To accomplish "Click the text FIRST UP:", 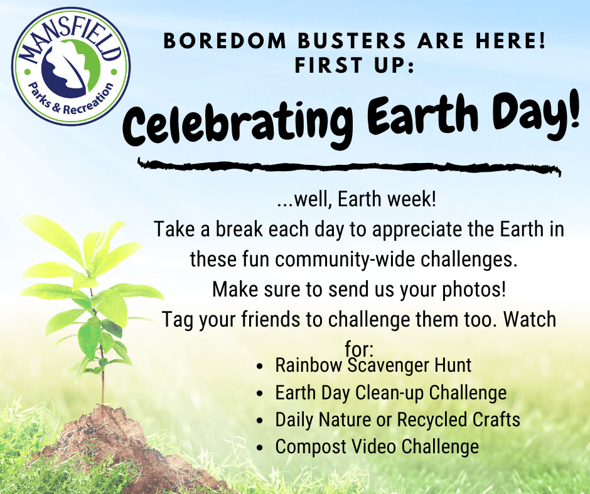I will click(354, 66).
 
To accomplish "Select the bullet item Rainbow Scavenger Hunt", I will click(373, 365).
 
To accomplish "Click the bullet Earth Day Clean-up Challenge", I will click(390, 392).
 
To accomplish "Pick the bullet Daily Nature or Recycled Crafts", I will click(397, 419).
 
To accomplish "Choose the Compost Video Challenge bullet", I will click(377, 446).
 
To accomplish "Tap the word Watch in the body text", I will click(530, 319).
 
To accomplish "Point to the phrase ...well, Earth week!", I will click(356, 202).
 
